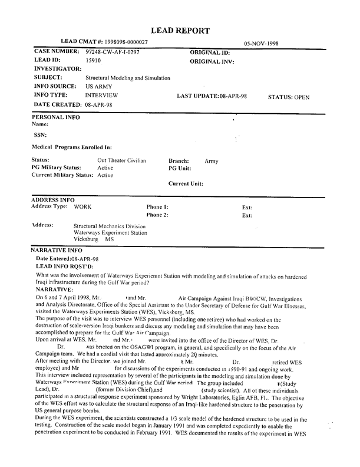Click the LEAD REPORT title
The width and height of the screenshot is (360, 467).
tap(180, 30)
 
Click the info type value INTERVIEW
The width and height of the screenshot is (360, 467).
tap(101, 95)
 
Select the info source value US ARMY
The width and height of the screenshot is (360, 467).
tap(99, 86)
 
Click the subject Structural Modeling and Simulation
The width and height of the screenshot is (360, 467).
tap(128, 78)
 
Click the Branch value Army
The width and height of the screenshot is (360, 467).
tap(212, 160)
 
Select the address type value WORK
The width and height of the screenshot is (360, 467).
tap(82, 207)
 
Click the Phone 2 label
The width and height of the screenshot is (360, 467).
tap(158, 215)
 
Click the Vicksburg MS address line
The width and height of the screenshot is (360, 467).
tap(93, 241)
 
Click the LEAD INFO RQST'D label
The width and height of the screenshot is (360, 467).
tap(61, 266)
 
